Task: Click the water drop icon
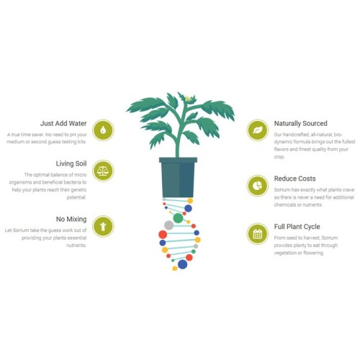(x=103, y=130)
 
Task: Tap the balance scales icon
(x=103, y=171)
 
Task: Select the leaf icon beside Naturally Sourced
(x=258, y=130)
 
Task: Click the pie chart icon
(x=258, y=186)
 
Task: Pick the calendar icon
(x=258, y=234)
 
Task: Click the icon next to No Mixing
(x=103, y=226)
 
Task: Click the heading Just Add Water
(x=63, y=123)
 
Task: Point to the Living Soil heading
(x=71, y=163)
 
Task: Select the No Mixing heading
(x=71, y=219)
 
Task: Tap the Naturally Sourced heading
(x=301, y=123)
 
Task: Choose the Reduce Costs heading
(x=294, y=179)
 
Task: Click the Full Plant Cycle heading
(x=297, y=227)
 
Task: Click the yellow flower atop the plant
(x=188, y=99)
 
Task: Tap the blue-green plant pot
(x=178, y=177)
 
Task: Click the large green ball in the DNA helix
(x=178, y=218)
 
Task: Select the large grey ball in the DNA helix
(x=168, y=225)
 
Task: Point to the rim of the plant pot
(x=178, y=160)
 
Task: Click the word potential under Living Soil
(x=76, y=197)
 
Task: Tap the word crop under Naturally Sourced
(x=279, y=157)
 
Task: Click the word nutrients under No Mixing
(x=76, y=246)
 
